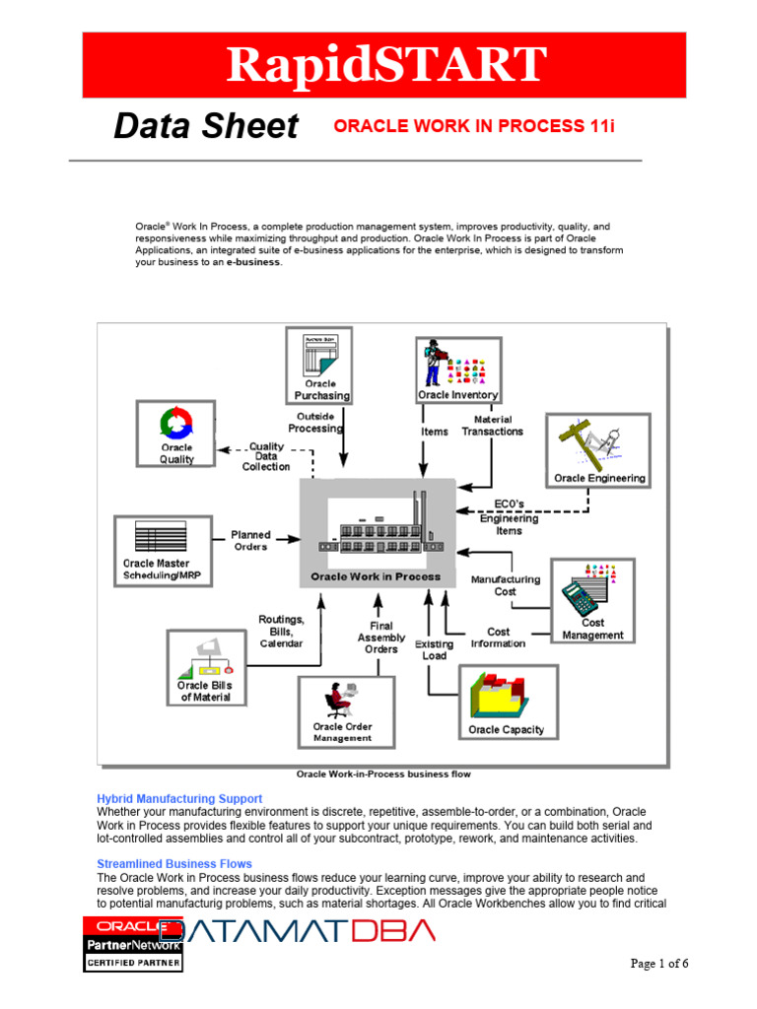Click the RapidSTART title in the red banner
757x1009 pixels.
click(384, 65)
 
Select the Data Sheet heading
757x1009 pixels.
click(205, 126)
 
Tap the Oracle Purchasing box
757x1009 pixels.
click(319, 366)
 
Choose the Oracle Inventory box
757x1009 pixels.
click(457, 370)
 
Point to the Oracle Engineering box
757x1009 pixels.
click(598, 450)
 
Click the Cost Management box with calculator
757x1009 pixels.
click(592, 601)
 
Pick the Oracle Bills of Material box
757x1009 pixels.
click(205, 668)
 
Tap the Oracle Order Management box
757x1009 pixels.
click(344, 711)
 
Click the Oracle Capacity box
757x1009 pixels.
click(507, 702)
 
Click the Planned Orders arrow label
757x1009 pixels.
click(250, 541)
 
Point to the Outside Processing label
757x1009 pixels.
click(315, 423)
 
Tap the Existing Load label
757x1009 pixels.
click(434, 649)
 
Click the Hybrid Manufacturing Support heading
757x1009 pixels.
click(179, 798)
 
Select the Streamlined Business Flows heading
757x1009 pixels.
click(173, 863)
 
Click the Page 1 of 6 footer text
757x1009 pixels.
click(659, 964)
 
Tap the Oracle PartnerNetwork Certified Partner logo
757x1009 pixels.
click(132, 943)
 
